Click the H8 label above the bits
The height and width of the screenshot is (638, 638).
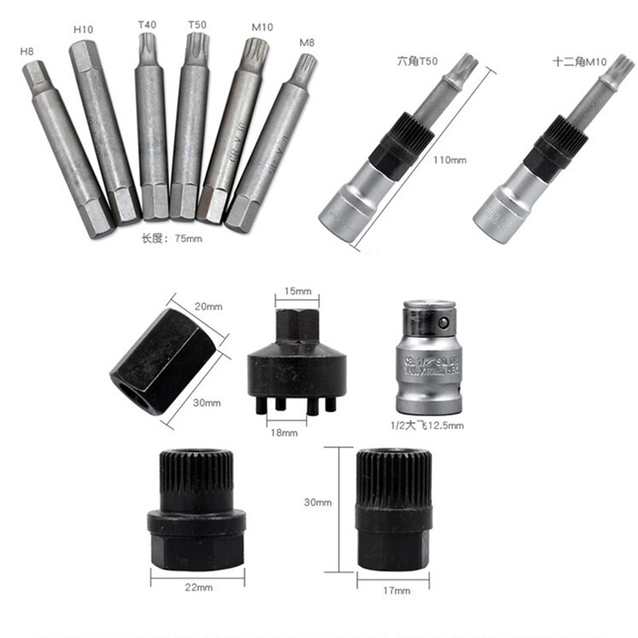click(x=28, y=53)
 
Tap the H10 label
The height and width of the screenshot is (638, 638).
click(x=83, y=30)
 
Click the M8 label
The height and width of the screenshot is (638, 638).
click(x=306, y=42)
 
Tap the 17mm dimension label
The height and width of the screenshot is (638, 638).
click(x=396, y=589)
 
